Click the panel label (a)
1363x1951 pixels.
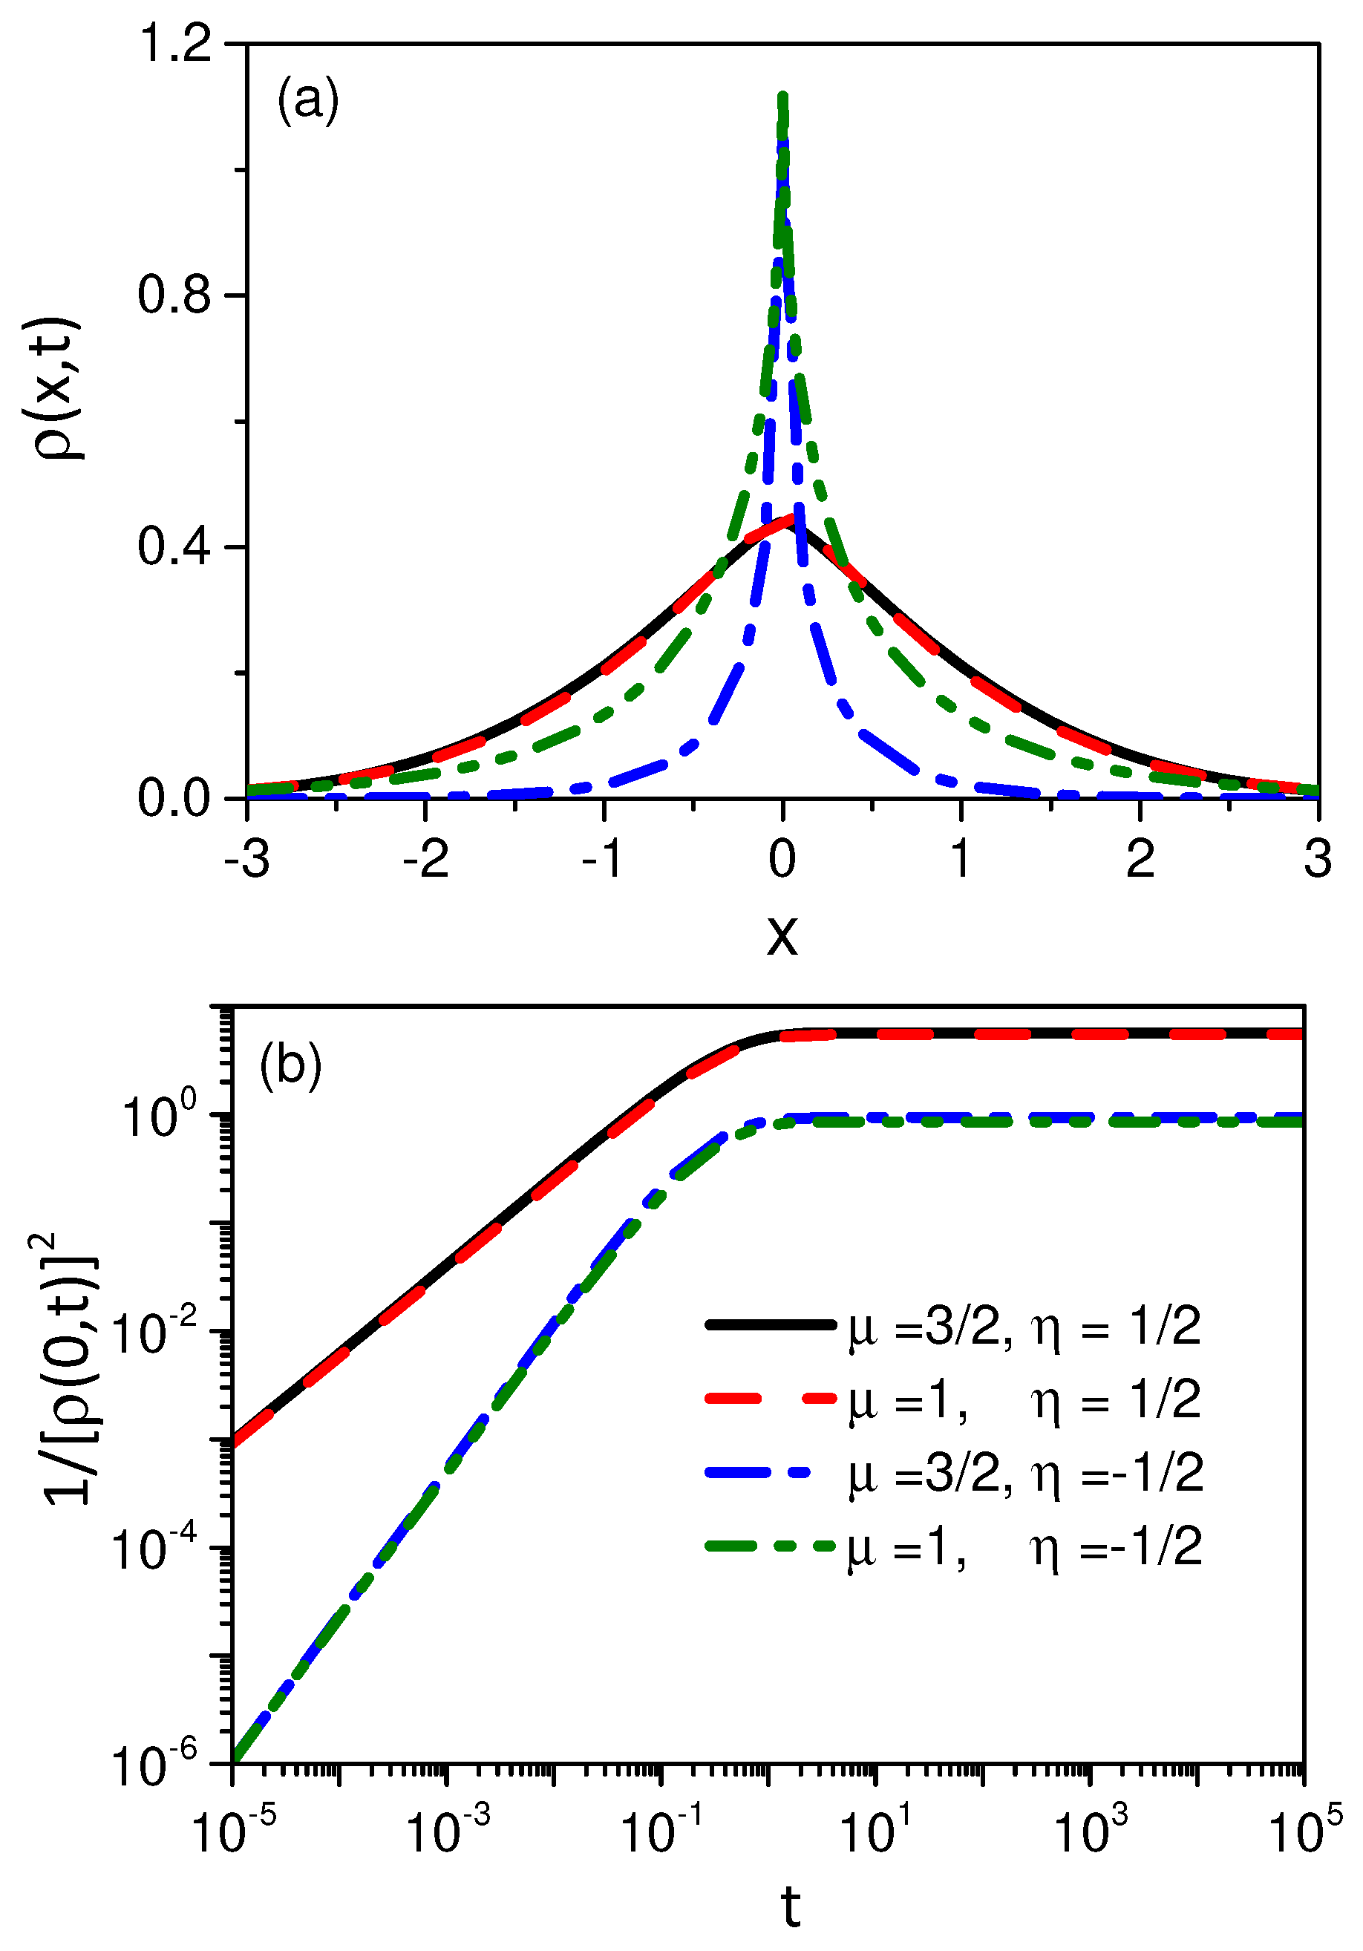pos(307,100)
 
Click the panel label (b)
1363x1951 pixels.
pos(290,1064)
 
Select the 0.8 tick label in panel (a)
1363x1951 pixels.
pos(174,295)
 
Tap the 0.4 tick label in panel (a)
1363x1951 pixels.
pos(174,546)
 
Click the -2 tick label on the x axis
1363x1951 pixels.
pos(425,859)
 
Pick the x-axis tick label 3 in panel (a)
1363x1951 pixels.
pos(1317,859)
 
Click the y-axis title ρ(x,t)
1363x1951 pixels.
pos(58,388)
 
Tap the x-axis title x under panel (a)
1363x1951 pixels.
pos(782,935)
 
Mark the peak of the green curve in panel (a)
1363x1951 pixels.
pos(782,95)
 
